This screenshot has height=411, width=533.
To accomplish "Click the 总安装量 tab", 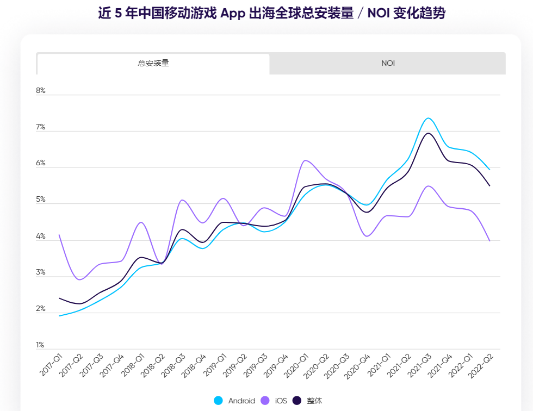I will pos(153,63).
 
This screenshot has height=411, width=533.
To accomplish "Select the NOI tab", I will pos(388,63).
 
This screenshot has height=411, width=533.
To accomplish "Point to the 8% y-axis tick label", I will pos(41,91).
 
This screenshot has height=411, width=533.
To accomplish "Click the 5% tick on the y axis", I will pos(41,200).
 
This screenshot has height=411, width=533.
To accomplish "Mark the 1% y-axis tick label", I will pos(41,345).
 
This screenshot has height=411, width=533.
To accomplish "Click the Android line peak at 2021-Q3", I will pos(428,118).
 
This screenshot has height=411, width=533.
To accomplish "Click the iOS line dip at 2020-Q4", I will pos(367,236).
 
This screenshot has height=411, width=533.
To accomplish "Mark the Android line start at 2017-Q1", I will pos(59,316).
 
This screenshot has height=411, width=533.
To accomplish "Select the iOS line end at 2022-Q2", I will pos(490,241).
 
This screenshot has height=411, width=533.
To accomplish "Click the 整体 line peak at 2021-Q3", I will pos(428,133).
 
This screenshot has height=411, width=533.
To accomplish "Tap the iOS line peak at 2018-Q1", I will pos(141,222).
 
